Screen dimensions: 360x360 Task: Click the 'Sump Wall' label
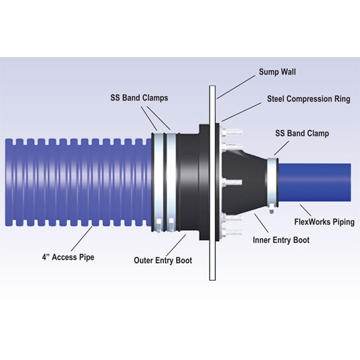pos(277,72)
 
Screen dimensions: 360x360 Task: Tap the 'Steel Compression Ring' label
pos(308,99)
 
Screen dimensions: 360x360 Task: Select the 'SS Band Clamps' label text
pos(139,98)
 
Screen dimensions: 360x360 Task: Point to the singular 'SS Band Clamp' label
pos(302,133)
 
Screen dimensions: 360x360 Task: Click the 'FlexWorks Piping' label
pos(325,222)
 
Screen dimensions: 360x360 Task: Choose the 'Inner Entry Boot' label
pos(281,240)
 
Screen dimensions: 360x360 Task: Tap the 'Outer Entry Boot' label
pos(163,260)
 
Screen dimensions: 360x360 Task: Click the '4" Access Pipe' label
pos(68,257)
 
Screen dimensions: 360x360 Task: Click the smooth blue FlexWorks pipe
pos(315,182)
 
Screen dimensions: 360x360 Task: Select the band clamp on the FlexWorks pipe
pos(272,182)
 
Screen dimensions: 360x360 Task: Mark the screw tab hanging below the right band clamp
pos(272,209)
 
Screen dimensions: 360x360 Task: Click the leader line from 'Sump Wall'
pos(236,87)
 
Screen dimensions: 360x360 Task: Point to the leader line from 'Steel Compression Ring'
pos(241,112)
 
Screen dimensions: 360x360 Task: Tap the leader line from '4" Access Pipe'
pos(81,239)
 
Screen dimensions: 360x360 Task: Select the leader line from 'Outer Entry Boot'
pos(176,246)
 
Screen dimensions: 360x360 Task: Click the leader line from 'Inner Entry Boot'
pos(261,223)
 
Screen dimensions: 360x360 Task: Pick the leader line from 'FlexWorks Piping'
pos(305,210)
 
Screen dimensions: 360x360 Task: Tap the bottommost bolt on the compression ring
pos(231,233)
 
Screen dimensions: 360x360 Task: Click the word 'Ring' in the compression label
pos(342,99)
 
